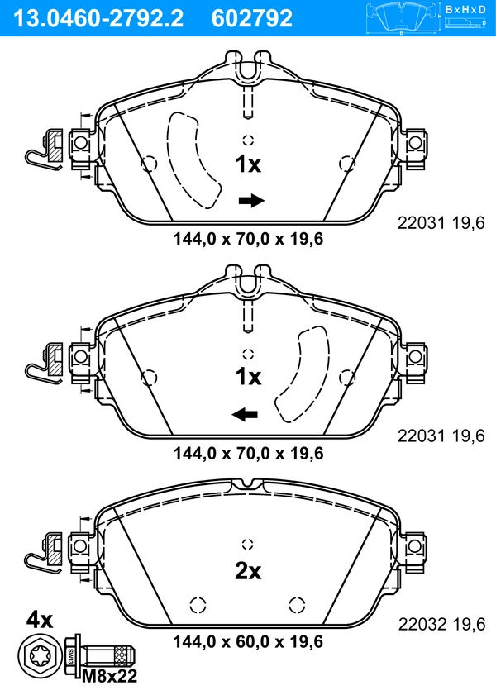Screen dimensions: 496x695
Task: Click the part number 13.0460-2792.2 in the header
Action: coord(98,18)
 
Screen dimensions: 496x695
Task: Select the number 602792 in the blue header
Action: coord(252,18)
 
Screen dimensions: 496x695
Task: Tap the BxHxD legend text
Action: coord(465,9)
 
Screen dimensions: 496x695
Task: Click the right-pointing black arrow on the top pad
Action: coord(251,200)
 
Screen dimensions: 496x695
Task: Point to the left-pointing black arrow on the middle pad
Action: coord(245,415)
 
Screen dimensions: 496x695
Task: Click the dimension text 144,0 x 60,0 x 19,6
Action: coord(248,641)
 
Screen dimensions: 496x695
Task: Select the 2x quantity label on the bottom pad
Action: coord(248,571)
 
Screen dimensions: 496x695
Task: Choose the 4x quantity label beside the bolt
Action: coord(40,620)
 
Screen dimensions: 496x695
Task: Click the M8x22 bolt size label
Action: coord(110,676)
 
